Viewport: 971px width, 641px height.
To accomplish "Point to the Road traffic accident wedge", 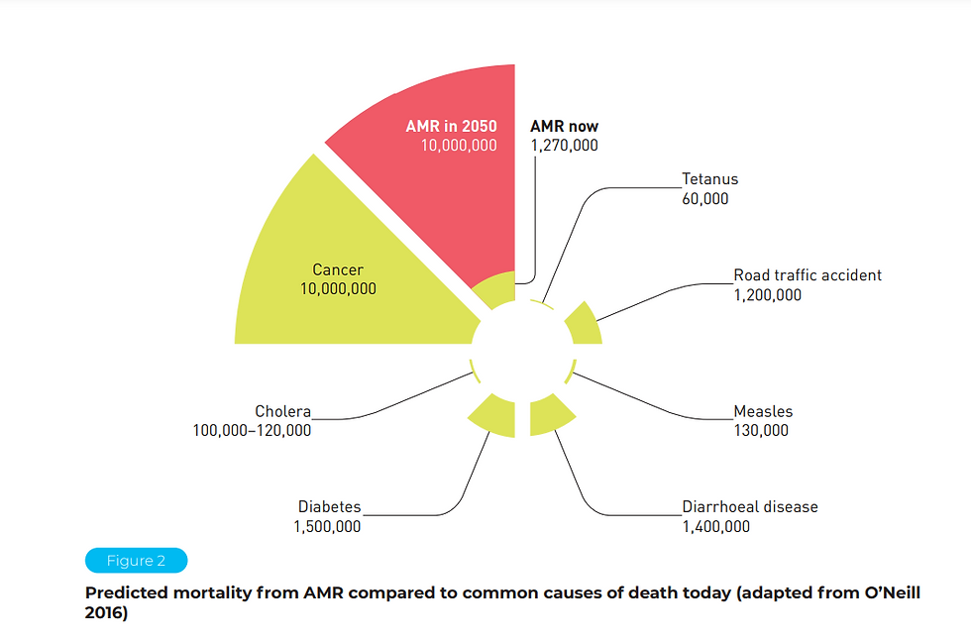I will pyautogui.click(x=585, y=325).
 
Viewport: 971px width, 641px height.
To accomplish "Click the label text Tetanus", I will pyautogui.click(x=709, y=180).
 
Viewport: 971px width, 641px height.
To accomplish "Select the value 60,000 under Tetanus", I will pyautogui.click(x=704, y=199).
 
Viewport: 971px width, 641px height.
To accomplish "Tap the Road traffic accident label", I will pyautogui.click(x=807, y=275).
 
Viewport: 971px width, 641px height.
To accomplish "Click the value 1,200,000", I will pyautogui.click(x=767, y=294).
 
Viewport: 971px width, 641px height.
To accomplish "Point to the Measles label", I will pyautogui.click(x=763, y=412).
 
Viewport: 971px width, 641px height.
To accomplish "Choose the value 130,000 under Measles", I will pyautogui.click(x=761, y=431).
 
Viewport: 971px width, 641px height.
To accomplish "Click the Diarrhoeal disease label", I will pyautogui.click(x=749, y=507).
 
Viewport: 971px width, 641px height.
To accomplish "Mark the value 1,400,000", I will pyautogui.click(x=715, y=527).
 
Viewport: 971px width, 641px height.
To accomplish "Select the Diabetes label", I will pyautogui.click(x=329, y=507).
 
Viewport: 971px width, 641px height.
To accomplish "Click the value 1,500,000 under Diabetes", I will pyautogui.click(x=327, y=527).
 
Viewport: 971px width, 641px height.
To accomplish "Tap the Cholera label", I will pyautogui.click(x=282, y=412).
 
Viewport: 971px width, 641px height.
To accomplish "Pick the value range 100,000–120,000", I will pyautogui.click(x=252, y=431).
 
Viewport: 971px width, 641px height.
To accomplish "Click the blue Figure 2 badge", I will pyautogui.click(x=136, y=561).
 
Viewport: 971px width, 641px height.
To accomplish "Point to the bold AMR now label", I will pyautogui.click(x=564, y=127).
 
